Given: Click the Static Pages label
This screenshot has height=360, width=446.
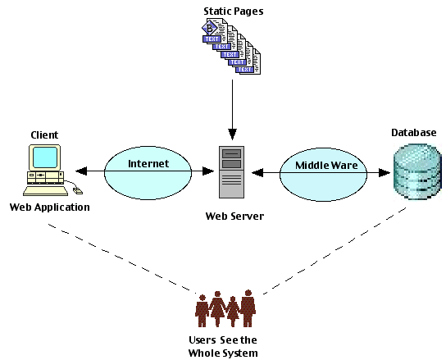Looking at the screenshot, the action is click(x=234, y=11).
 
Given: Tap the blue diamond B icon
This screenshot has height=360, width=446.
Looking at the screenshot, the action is click(x=210, y=28).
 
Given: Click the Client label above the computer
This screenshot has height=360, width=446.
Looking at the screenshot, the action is click(x=44, y=134).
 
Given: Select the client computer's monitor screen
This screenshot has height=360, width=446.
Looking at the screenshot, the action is click(x=45, y=157).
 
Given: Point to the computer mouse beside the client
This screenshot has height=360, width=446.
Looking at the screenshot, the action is click(x=78, y=191).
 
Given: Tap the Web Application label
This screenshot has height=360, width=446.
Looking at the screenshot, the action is click(x=50, y=207).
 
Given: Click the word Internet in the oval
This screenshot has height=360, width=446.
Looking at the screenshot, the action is click(x=148, y=164).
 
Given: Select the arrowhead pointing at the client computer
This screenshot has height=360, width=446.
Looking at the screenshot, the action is click(x=81, y=171).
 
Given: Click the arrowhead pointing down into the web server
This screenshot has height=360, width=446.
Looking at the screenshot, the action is click(x=232, y=134).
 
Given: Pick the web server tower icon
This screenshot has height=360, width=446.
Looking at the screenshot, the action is click(x=231, y=172).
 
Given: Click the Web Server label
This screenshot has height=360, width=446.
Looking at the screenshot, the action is click(x=234, y=216).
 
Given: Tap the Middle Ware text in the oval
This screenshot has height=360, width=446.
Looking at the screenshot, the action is click(x=326, y=166).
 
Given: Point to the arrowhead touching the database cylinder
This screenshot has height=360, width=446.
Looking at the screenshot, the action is click(x=385, y=172).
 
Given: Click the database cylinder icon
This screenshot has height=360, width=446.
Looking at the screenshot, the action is click(x=417, y=172).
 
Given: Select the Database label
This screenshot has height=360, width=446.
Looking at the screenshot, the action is click(x=414, y=133).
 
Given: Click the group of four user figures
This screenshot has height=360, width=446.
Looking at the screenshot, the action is click(x=225, y=308).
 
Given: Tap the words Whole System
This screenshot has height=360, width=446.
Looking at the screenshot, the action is click(x=223, y=353).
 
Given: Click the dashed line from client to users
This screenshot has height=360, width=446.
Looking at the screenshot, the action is click(x=122, y=258).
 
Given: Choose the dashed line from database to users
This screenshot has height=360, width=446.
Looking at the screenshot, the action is click(x=334, y=251).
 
